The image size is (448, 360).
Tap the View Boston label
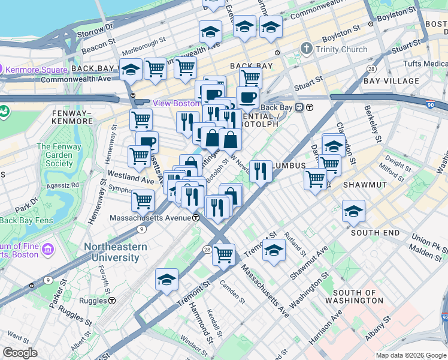[x=175, y=103]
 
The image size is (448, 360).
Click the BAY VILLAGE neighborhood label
[x=391, y=80]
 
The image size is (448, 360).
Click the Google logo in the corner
[x=20, y=353]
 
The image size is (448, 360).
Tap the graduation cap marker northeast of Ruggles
[x=167, y=280]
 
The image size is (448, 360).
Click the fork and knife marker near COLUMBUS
[x=261, y=171]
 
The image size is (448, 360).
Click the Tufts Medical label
[x=425, y=64]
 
